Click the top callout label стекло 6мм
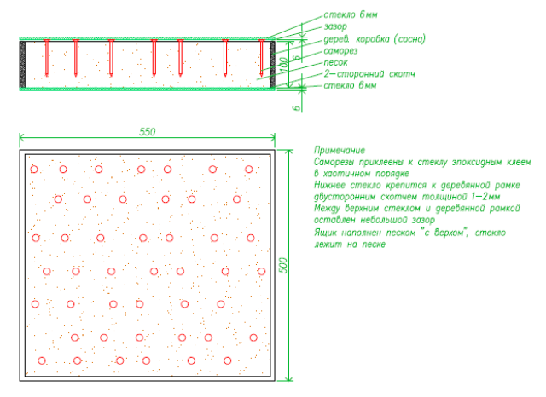pyautogui.click(x=349, y=15)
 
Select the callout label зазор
pyautogui.click(x=336, y=27)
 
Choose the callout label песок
pyautogui.click(x=335, y=63)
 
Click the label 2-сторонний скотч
pyautogui.click(x=369, y=75)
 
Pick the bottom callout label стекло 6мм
pyautogui.click(x=349, y=87)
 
